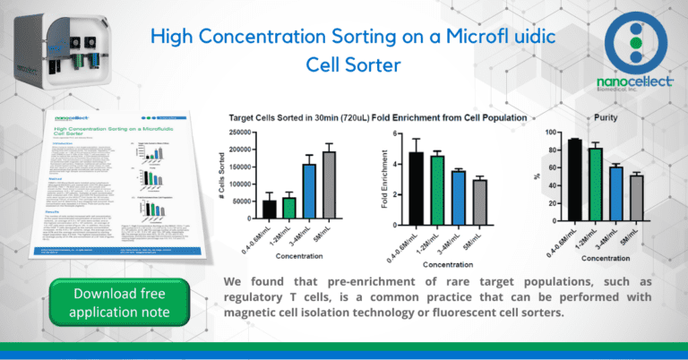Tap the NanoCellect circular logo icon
pos(635,42)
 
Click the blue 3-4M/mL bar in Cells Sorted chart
pos(309,191)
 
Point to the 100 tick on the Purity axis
pos(536,133)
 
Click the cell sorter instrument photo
pos(45,48)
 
